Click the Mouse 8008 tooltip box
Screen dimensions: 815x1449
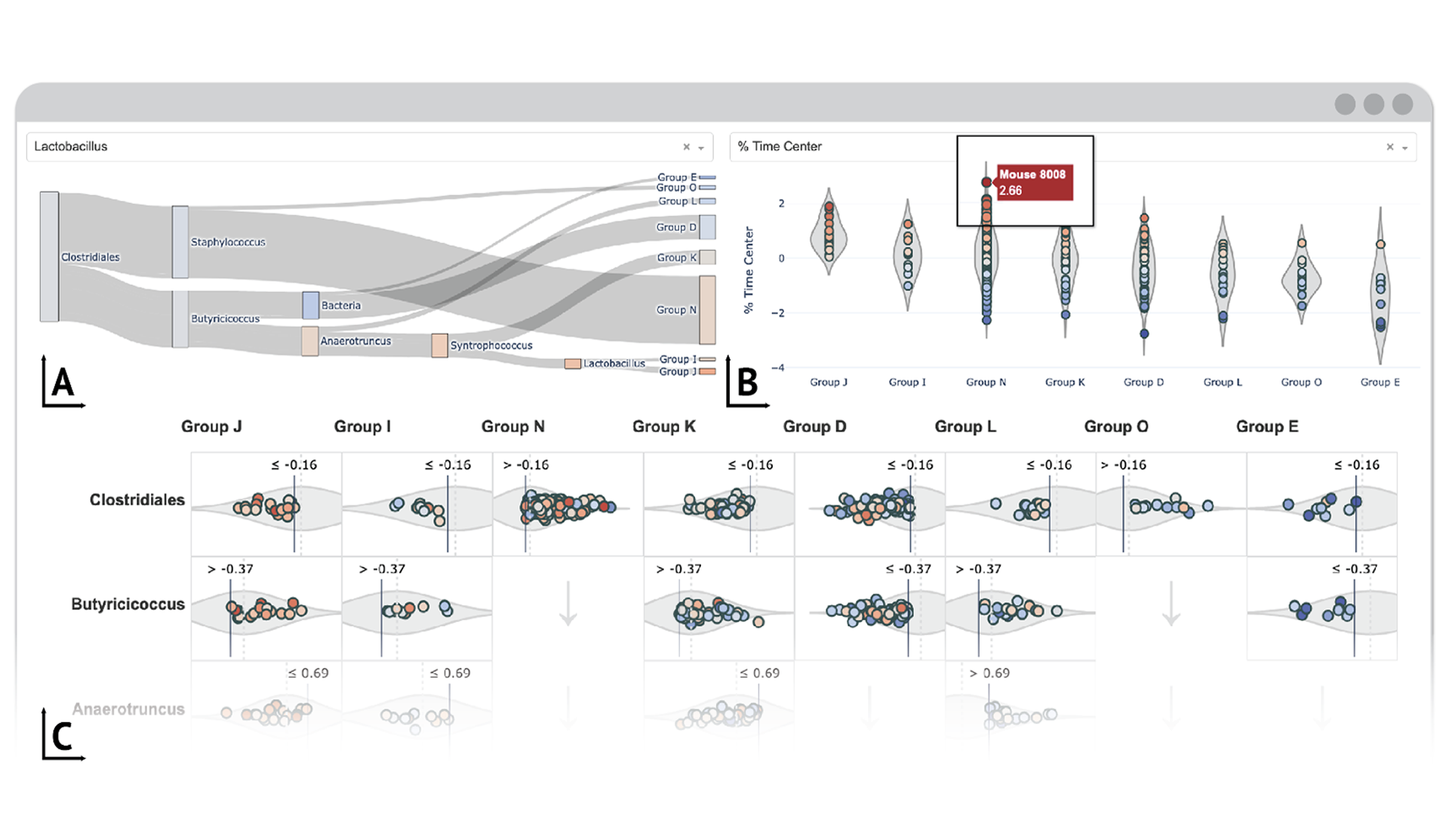click(1035, 183)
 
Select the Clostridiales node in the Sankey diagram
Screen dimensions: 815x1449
click(49, 257)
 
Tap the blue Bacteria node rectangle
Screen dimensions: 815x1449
click(310, 306)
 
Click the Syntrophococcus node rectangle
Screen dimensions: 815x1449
click(439, 346)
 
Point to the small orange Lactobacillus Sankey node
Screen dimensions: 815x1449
click(572, 364)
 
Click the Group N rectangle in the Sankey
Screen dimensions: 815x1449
click(707, 309)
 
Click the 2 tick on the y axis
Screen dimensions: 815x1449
click(781, 204)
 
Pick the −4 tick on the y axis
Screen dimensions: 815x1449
click(777, 368)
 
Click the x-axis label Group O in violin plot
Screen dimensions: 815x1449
click(1301, 382)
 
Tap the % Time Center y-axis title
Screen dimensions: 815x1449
click(749, 270)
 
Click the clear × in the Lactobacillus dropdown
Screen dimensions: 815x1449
click(686, 147)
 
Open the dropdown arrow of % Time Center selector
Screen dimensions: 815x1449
click(1405, 148)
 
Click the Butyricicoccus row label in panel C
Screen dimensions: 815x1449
click(128, 604)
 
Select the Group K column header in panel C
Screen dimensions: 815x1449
click(663, 426)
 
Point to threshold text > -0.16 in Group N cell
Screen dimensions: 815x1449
click(526, 465)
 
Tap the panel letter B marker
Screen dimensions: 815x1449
click(746, 383)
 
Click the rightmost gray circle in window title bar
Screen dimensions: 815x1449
click(1402, 104)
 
